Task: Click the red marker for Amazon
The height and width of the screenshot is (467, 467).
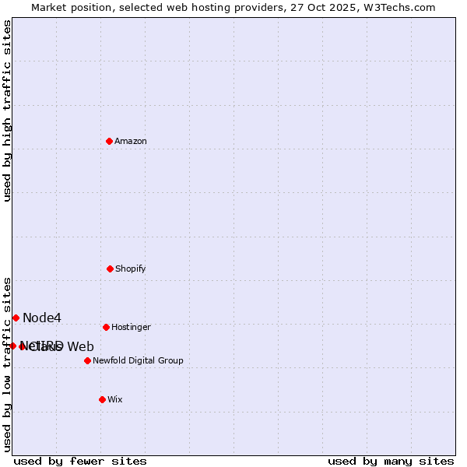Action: point(109,141)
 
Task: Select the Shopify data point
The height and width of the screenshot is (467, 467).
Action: point(110,269)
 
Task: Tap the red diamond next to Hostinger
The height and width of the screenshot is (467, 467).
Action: point(106,327)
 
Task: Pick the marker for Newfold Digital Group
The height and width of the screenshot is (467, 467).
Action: point(87,360)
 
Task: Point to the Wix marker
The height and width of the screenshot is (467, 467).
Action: point(102,399)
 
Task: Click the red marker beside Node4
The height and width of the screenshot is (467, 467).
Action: point(16,318)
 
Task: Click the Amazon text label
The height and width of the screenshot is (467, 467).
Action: point(131,141)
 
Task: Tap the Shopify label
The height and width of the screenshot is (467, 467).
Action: point(131,269)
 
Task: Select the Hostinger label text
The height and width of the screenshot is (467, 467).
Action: point(131,327)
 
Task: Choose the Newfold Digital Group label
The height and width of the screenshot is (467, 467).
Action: point(138,360)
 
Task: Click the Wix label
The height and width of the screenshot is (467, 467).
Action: point(115,399)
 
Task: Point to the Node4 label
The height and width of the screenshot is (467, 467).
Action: point(42,318)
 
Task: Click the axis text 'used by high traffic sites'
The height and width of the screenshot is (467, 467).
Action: point(8,111)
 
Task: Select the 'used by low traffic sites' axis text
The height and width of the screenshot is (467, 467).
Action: point(8,363)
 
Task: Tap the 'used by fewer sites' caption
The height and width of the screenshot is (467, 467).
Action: point(80,461)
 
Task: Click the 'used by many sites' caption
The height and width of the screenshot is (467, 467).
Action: point(391,461)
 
